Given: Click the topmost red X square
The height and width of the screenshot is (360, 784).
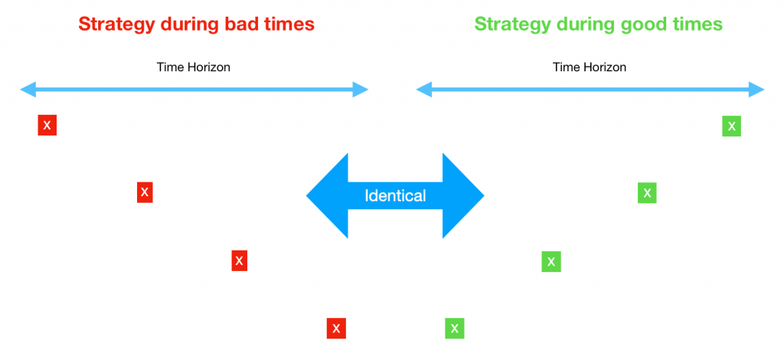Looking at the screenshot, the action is pos(47,125).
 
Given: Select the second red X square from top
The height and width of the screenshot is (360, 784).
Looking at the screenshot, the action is pos(145,192).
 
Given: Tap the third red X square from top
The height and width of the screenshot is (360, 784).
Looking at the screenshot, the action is pos(239,260).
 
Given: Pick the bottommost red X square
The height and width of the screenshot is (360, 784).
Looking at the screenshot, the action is pos(336,329).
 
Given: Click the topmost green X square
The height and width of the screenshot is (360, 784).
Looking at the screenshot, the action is pos(731,126).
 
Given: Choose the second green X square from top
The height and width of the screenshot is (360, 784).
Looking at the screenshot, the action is pos(647,192).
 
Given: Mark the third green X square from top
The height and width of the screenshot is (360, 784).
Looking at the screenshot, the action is pos(551,261).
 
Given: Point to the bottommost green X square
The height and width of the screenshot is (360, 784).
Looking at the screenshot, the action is pos(455,329).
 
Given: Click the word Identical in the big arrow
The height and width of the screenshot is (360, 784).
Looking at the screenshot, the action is pos(395,195).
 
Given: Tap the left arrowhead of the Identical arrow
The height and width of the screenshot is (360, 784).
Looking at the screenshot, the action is pos(325,195).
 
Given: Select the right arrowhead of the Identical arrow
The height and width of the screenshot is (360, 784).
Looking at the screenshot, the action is pos(465,195).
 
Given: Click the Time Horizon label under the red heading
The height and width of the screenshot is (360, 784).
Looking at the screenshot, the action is pos(194,67).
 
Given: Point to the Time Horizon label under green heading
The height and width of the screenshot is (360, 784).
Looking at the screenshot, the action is pos(590,67).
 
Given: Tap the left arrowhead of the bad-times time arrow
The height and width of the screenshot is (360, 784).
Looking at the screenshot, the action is pos(27,90).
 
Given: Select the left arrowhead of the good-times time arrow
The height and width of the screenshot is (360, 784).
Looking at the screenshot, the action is pos(423,90).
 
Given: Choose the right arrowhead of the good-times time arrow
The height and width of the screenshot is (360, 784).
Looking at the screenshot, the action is pos(757,90).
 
